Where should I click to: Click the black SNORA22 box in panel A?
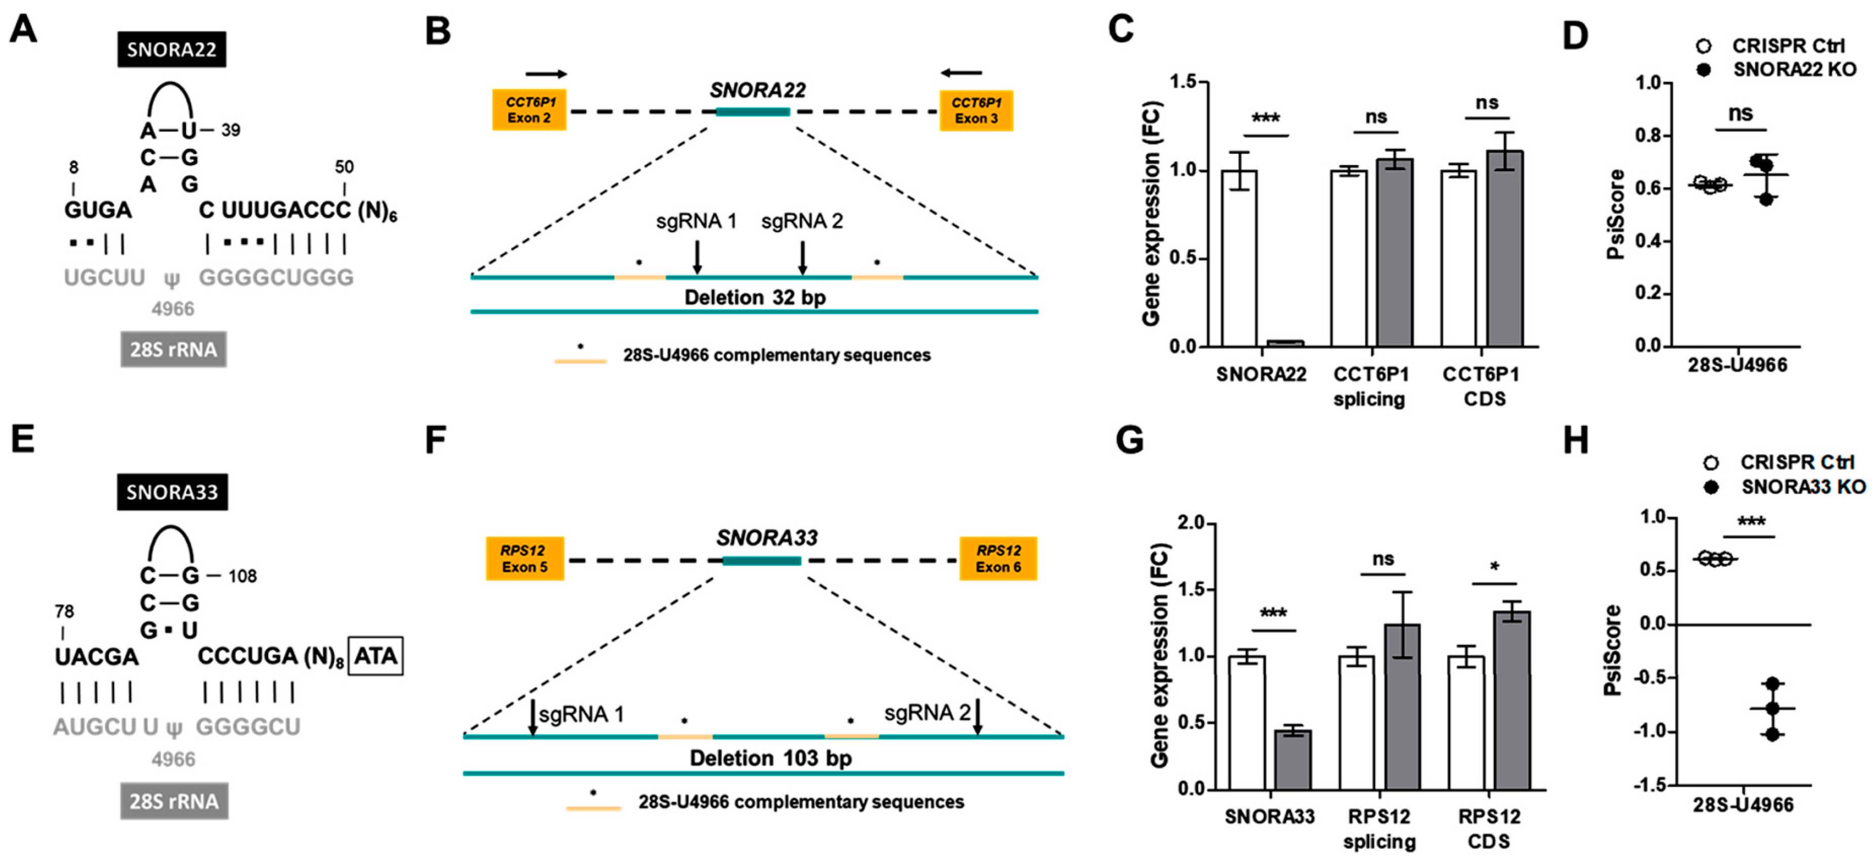click(172, 50)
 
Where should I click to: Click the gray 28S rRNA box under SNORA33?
click(174, 801)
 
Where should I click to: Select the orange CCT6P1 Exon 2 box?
click(529, 110)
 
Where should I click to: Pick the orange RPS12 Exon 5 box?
click(525, 558)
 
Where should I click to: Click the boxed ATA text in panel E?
click(375, 656)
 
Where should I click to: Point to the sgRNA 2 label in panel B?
click(802, 221)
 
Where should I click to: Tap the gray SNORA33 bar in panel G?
click(1293, 760)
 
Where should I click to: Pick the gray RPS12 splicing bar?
click(1402, 707)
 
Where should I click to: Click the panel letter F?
click(435, 440)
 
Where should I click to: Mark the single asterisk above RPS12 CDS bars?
click(1494, 567)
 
